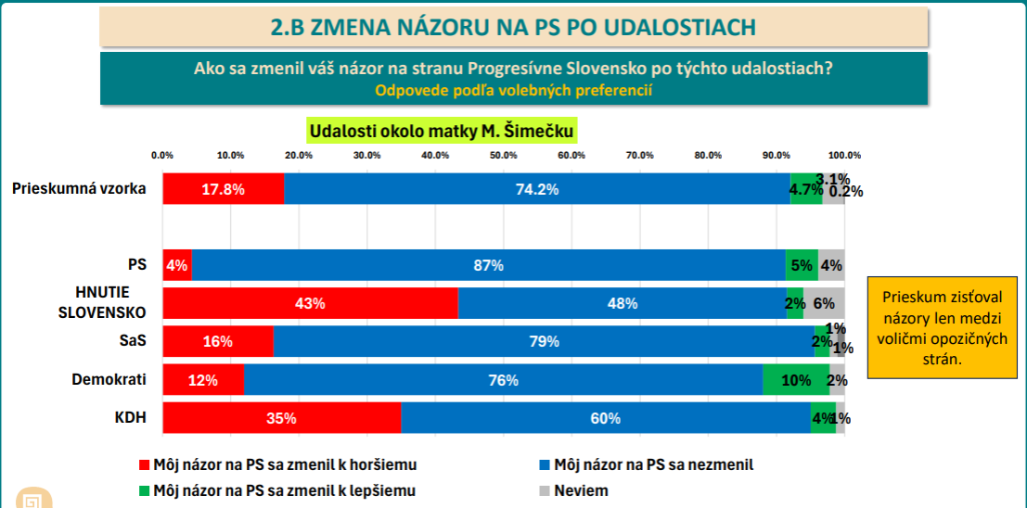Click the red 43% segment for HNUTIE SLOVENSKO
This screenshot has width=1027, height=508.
point(310,303)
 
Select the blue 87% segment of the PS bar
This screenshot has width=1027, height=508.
point(488,265)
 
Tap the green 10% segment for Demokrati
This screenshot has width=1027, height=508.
point(795,380)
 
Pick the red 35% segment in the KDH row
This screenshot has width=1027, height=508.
point(281,418)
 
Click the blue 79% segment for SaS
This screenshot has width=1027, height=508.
point(544,341)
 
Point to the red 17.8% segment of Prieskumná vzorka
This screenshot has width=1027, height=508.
point(223,189)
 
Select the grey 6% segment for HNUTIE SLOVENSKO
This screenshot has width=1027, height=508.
point(824,303)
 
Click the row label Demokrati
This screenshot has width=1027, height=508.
point(110,379)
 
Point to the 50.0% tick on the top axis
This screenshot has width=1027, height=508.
point(503,155)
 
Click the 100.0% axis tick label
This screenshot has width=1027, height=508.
point(844,155)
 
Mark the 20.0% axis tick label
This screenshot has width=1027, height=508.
point(299,155)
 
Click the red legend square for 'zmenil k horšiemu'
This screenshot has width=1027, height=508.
point(143,464)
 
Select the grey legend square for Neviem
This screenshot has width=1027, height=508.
point(544,490)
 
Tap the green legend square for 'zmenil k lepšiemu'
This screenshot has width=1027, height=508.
point(143,490)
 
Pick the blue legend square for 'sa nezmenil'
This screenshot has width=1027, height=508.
point(544,464)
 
